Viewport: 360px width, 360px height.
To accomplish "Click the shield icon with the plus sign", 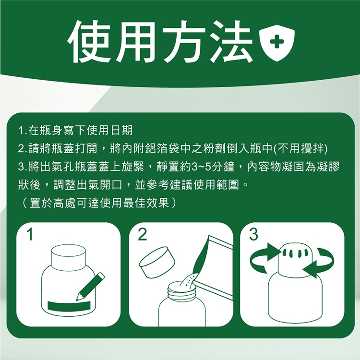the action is (x=276, y=43).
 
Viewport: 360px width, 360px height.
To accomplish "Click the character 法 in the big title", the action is (x=231, y=42).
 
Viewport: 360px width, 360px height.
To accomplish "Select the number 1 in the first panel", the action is (x=30, y=235).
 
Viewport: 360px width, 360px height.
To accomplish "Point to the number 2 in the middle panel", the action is (x=143, y=235).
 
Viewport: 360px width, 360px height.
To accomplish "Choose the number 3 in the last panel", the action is (x=253, y=235).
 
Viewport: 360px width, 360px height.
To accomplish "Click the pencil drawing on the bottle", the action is (x=90, y=287).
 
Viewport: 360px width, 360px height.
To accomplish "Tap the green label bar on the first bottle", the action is (x=69, y=306).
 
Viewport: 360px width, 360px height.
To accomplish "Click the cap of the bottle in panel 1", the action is (x=69, y=258).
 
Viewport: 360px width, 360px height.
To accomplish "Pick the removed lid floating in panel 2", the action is (x=157, y=262).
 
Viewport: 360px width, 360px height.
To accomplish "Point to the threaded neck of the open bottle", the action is (x=182, y=291).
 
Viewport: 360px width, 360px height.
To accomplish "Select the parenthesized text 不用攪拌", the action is (x=301, y=148).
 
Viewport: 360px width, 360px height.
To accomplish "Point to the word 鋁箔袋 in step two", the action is (x=163, y=148).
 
